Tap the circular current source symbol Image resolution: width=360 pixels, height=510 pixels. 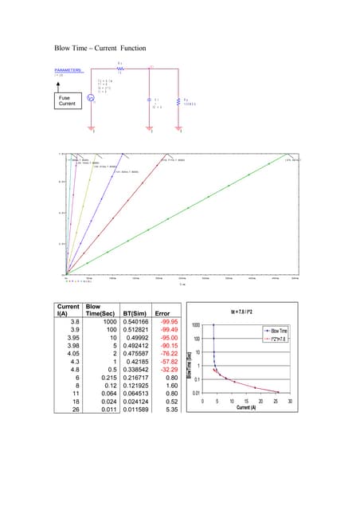(90, 98)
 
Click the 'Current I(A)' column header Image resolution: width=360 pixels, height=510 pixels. (69, 309)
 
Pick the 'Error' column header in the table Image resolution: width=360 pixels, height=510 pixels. (163, 314)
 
